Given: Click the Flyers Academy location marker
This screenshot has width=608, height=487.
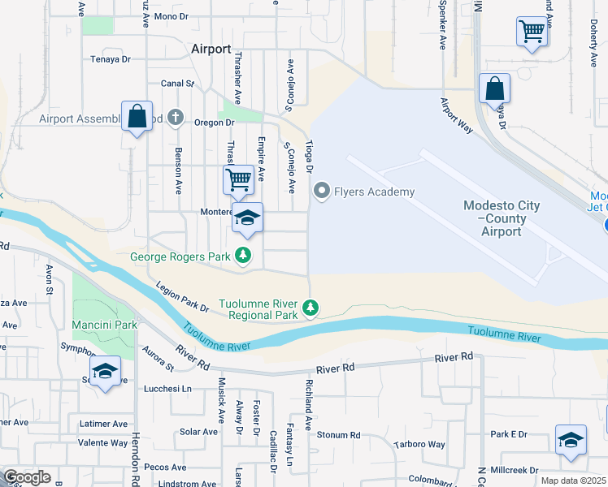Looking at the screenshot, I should tap(322, 192).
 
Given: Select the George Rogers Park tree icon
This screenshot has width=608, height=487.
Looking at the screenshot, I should tap(242, 256).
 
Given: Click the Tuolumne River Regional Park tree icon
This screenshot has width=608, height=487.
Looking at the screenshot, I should tap(310, 307).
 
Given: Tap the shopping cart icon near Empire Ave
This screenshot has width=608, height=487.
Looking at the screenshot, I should tap(237, 179).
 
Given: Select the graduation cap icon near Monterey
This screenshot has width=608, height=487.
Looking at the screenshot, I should tap(248, 218).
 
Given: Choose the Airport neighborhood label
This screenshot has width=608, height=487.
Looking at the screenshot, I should tap(211, 49).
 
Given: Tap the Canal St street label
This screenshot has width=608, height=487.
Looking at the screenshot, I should tap(178, 83).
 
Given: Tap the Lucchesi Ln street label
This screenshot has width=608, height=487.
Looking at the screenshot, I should tap(167, 389).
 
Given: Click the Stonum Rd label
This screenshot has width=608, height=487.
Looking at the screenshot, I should tap(332, 434).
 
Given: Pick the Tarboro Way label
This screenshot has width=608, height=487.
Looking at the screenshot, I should tap(419, 444).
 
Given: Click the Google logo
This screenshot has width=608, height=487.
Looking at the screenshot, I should tap(27, 477).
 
